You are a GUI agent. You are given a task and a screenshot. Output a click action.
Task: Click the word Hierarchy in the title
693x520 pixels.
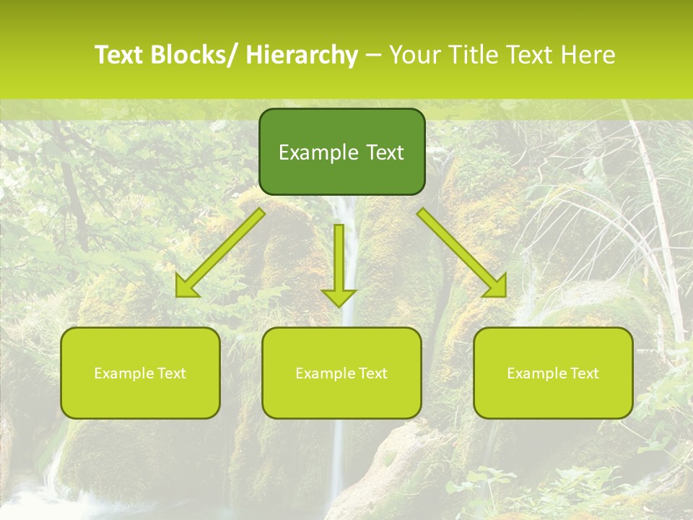click(x=302, y=55)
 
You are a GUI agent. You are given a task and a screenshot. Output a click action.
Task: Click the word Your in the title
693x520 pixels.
click(x=417, y=55)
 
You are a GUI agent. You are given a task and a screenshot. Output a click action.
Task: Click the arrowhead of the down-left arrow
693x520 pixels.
click(x=187, y=288)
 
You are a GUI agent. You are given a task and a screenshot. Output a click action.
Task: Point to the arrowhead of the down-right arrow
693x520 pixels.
click(x=497, y=287)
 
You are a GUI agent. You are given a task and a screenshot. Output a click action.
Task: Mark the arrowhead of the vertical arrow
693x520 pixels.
click(x=339, y=297)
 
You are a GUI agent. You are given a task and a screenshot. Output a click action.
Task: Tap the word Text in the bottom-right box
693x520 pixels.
click(x=584, y=373)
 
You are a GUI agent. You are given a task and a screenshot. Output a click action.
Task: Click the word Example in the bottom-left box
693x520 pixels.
click(x=123, y=373)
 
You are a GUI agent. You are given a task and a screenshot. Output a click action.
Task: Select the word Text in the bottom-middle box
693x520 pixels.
click(x=372, y=373)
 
